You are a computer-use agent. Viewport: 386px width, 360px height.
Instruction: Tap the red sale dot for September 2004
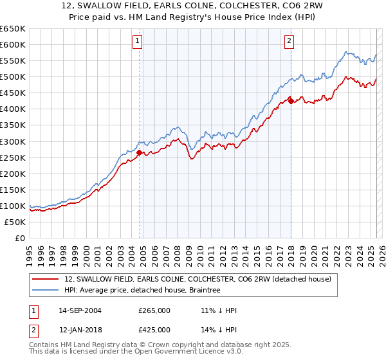click(140, 152)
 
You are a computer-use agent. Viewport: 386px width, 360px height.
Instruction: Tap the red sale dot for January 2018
click(291, 100)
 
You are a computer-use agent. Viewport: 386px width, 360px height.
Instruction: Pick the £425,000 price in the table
click(154, 329)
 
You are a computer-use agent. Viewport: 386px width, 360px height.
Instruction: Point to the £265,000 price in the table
click(154, 310)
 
